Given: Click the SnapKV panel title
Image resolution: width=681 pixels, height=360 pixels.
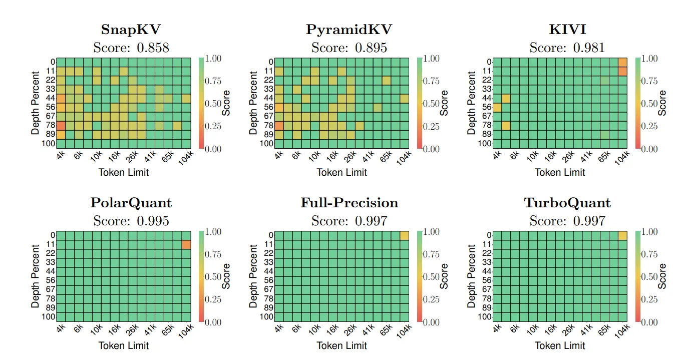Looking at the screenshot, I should click(131, 30).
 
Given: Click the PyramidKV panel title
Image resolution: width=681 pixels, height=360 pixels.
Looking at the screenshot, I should click(349, 30).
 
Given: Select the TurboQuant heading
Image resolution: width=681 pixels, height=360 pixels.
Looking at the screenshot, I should click(567, 203).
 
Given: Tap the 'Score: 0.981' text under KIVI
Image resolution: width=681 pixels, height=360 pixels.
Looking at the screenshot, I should click(567, 48).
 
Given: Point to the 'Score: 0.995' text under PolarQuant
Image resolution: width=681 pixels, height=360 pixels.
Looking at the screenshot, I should click(131, 221).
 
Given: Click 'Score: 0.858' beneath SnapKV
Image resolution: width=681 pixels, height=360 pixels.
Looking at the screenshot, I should click(131, 48).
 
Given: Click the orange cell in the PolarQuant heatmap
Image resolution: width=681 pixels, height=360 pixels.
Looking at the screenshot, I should click(186, 244).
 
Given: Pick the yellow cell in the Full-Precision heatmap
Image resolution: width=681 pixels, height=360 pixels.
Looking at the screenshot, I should click(405, 235).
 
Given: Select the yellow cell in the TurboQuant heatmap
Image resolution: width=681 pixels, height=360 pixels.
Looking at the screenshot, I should click(622, 235).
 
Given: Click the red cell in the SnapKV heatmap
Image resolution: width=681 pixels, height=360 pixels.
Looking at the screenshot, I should click(61, 126).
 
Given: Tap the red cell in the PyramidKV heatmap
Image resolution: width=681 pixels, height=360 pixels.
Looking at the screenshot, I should click(279, 126).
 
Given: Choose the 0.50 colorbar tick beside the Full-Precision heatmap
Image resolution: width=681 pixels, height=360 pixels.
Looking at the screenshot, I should click(432, 277).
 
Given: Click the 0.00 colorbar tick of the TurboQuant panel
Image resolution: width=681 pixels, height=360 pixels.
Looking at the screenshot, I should click(650, 322).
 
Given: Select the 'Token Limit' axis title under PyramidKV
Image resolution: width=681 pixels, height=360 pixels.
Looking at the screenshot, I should click(342, 172).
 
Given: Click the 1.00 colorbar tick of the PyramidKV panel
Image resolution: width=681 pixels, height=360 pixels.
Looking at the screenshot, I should click(432, 59).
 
